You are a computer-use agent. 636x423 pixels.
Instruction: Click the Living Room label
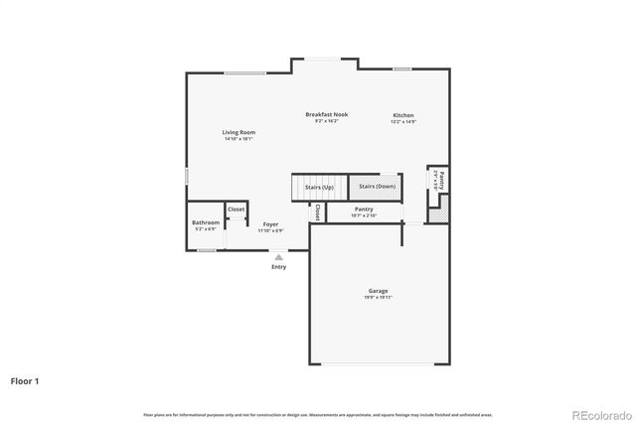(x=238, y=132)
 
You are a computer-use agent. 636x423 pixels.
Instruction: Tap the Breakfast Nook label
(x=326, y=115)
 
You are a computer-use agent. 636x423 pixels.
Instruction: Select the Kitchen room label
(x=402, y=115)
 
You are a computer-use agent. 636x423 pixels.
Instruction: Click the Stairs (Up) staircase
(x=319, y=187)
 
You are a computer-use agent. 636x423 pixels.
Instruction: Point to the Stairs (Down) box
(x=378, y=187)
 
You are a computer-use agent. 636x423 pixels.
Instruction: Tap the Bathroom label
(x=206, y=222)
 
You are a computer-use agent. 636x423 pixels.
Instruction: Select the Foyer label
(x=270, y=224)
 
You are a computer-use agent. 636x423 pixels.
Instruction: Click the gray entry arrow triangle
(x=279, y=256)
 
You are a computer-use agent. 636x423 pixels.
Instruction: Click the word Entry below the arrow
(x=279, y=267)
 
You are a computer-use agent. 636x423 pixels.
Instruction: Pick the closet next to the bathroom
(x=237, y=210)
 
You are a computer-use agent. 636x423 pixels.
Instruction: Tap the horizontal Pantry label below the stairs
(x=364, y=209)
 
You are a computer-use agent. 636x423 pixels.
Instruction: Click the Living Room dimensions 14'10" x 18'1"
(x=238, y=139)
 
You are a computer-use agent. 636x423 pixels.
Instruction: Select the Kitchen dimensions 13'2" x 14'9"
(x=402, y=122)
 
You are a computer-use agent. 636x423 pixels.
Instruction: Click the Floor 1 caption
(x=26, y=380)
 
